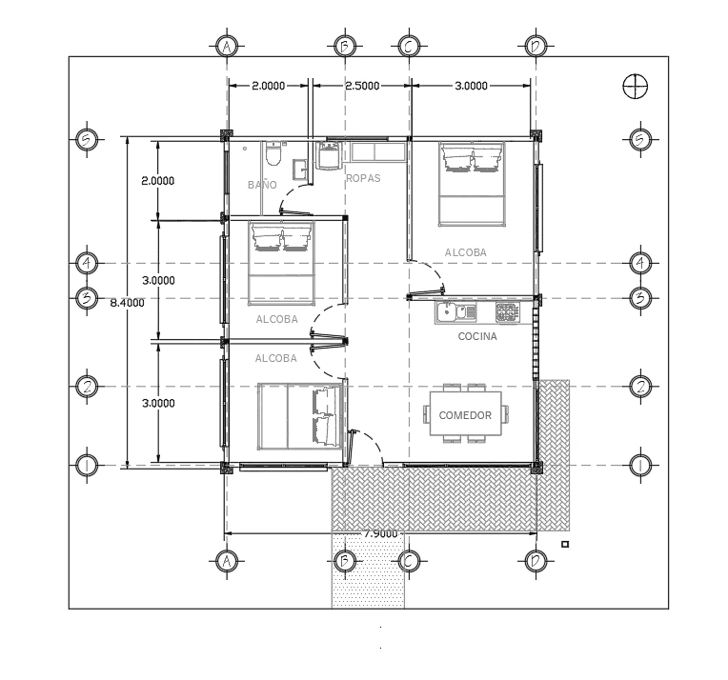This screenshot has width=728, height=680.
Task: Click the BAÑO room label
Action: (262, 185)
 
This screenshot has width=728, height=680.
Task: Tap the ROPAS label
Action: (364, 178)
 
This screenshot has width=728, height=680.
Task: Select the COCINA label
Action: (477, 336)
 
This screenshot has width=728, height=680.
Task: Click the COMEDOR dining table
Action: (466, 413)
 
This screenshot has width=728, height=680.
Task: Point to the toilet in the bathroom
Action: (273, 153)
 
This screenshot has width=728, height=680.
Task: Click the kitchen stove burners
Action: (507, 312)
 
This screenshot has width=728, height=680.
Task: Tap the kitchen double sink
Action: (455, 311)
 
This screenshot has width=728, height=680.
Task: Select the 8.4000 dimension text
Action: (128, 303)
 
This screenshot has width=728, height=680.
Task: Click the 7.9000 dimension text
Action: (381, 533)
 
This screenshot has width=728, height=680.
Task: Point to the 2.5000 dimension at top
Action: (362, 86)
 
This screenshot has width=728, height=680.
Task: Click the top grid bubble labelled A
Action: (227, 47)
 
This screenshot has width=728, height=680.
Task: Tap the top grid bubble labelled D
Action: (536, 47)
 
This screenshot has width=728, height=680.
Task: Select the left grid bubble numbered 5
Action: (87, 139)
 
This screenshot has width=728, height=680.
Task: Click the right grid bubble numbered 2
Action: (640, 386)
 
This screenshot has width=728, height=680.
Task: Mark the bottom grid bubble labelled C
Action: (409, 562)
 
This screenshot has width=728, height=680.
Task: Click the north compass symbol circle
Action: (635, 87)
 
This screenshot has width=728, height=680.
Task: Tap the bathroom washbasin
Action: (300, 170)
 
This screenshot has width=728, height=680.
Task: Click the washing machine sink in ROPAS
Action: (329, 155)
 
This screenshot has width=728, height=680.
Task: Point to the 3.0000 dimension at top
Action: (471, 86)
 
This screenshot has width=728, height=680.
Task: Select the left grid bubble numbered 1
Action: (87, 465)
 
